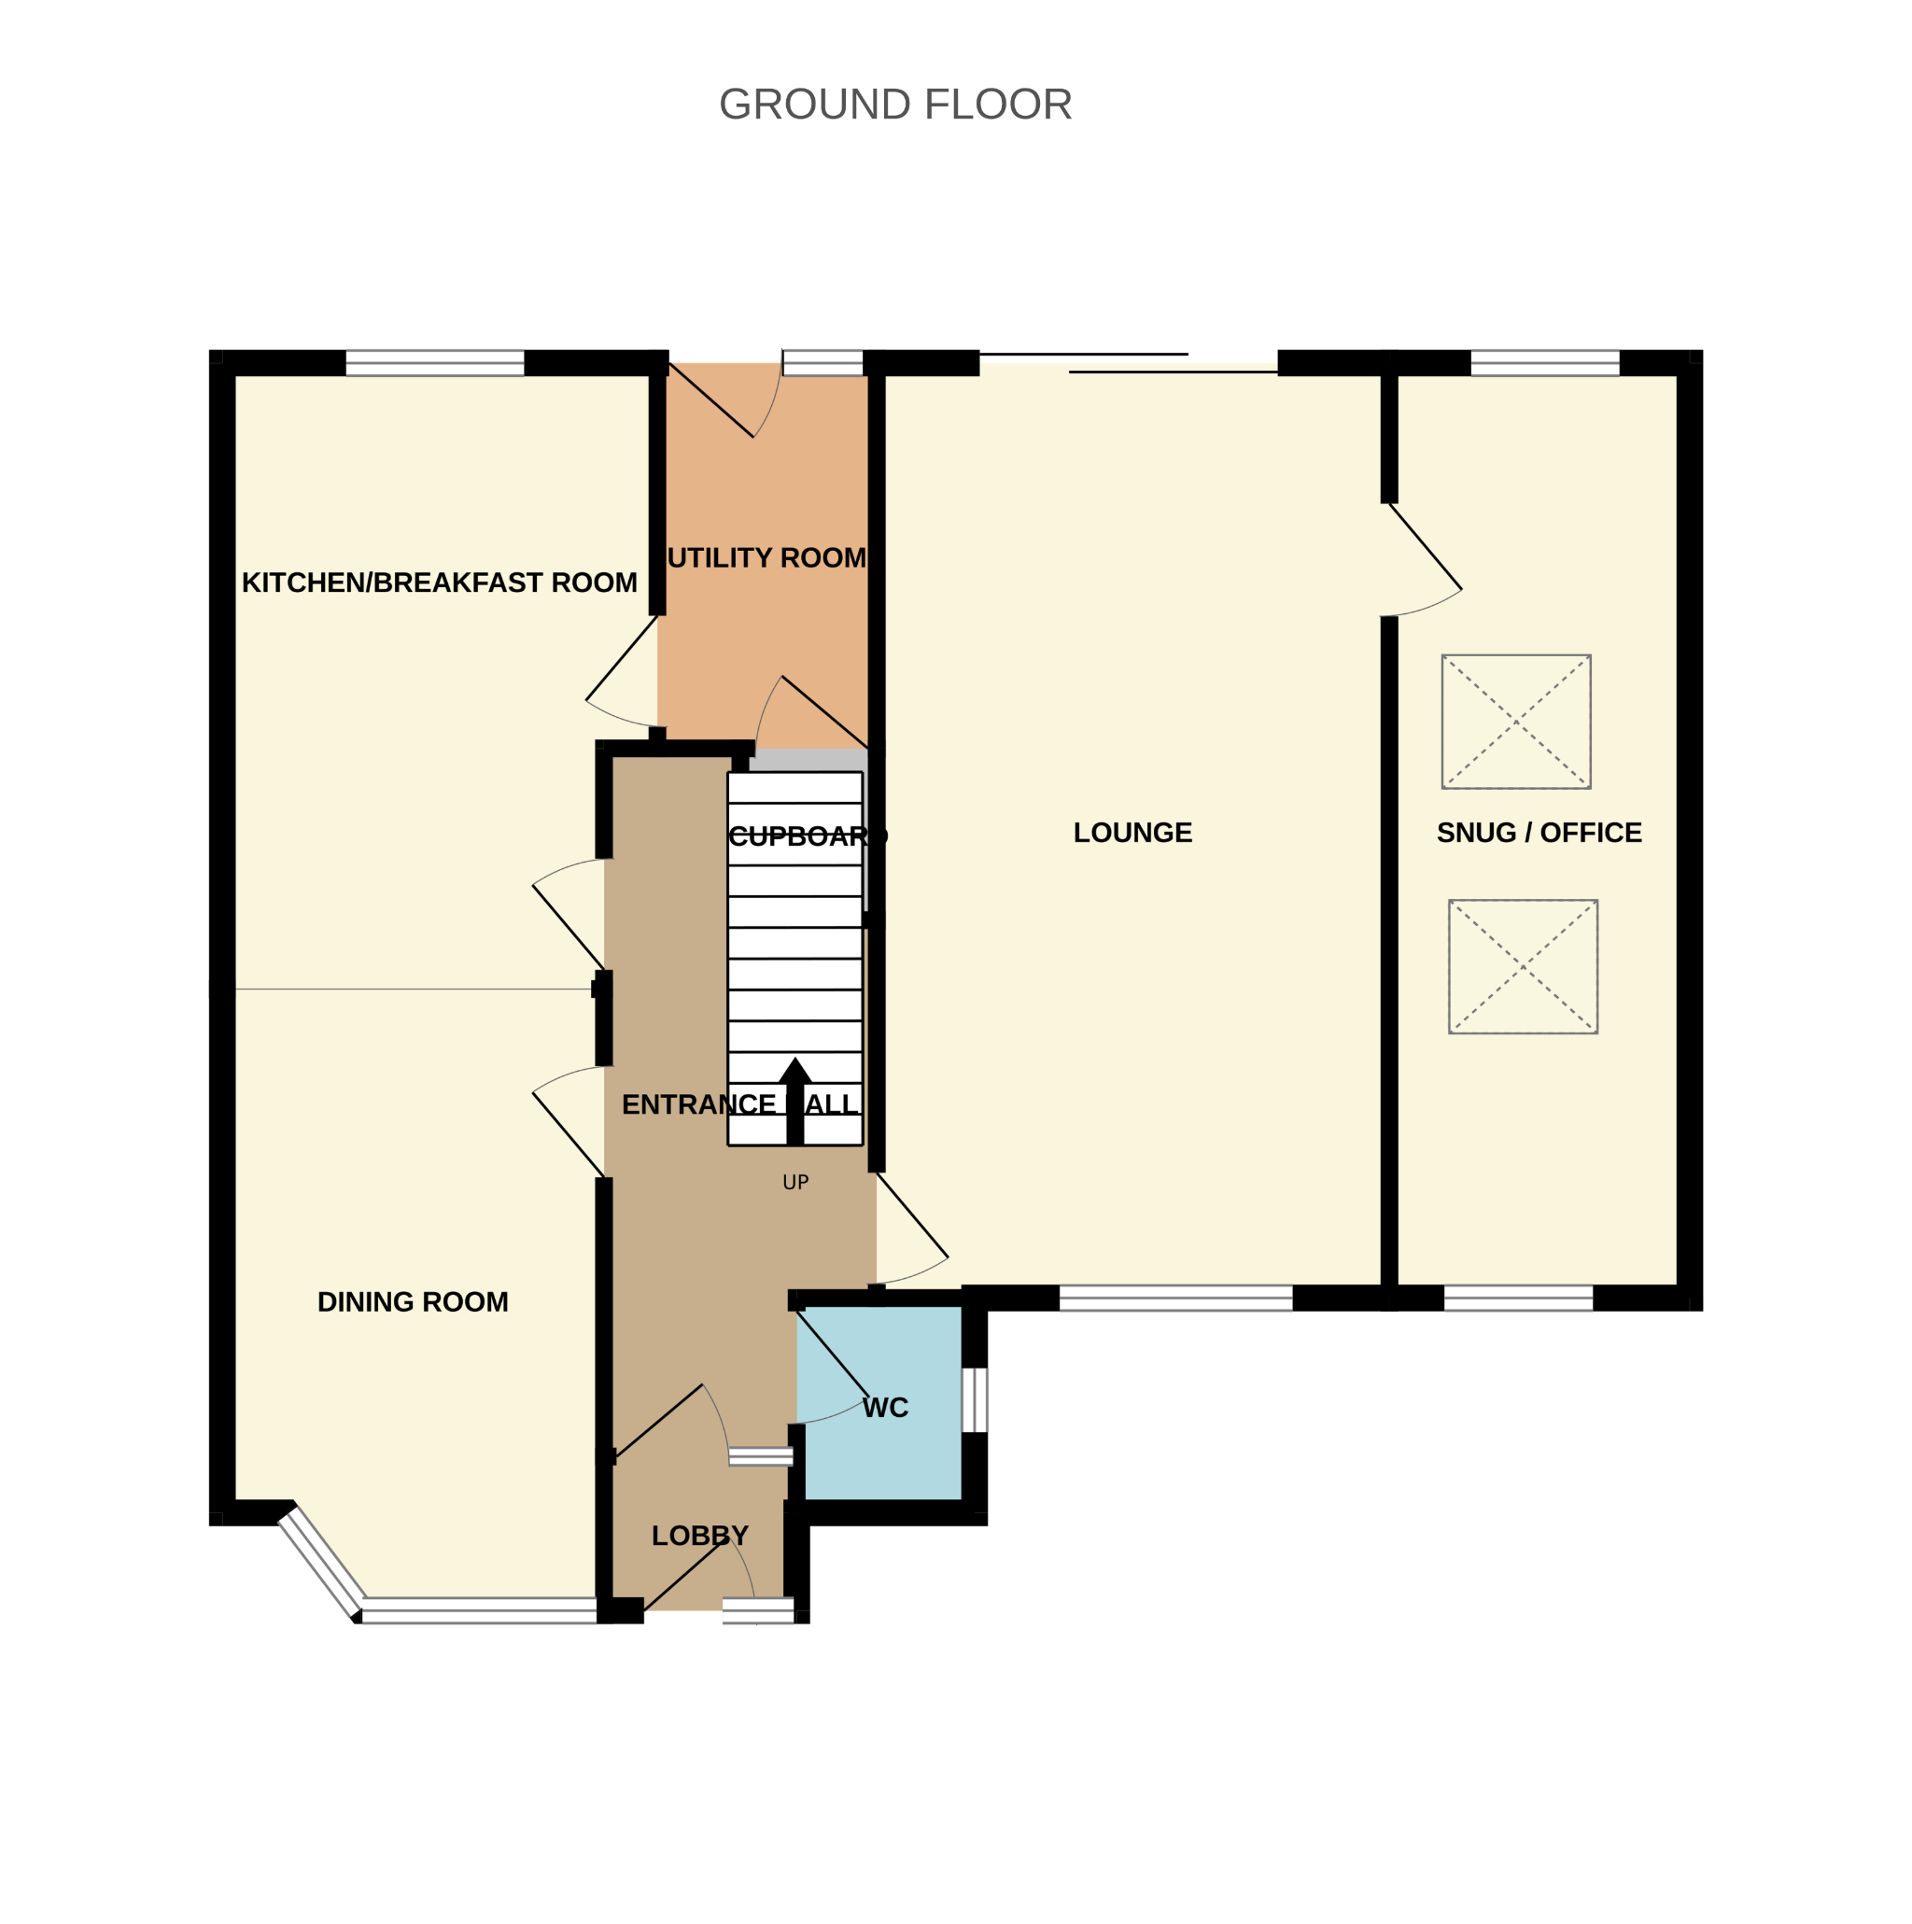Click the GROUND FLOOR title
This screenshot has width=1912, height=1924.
click(895, 105)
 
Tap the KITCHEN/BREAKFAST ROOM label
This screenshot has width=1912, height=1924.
click(439, 583)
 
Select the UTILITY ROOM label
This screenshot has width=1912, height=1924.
click(766, 557)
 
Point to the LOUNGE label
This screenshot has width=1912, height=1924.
click(1132, 833)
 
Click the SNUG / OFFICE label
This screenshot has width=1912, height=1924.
click(1539, 833)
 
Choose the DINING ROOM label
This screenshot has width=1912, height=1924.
click(413, 1301)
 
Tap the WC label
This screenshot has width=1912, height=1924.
click(885, 1407)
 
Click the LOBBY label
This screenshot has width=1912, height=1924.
click(699, 1536)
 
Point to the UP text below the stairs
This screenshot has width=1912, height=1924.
click(794, 1182)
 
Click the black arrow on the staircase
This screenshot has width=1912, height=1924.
click(794, 1101)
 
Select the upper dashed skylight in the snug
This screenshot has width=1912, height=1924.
click(1515, 722)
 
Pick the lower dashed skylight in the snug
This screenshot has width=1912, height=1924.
click(1523, 967)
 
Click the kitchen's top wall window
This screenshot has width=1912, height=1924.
click(434, 363)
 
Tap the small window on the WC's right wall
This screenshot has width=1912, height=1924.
click(974, 1400)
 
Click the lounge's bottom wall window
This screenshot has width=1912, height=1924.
click(1175, 1298)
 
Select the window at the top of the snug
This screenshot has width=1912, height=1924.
click(1544, 363)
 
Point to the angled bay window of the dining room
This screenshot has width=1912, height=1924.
click(320, 1564)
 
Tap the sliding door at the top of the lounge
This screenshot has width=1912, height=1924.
click(1130, 362)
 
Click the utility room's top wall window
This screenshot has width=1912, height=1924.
click(822, 363)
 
